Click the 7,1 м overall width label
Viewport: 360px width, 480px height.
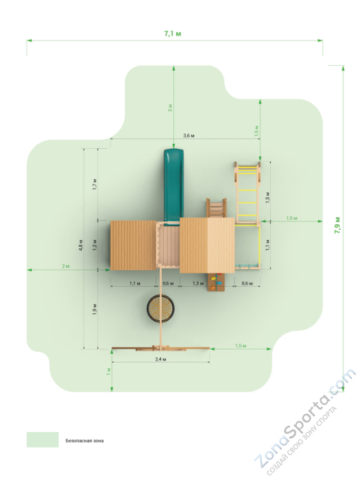pyautogui.click(x=173, y=34)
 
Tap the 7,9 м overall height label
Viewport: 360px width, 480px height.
pyautogui.click(x=337, y=226)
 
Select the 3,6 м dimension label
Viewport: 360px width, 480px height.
pyautogui.click(x=189, y=135)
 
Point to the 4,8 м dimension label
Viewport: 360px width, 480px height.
pyautogui.click(x=80, y=245)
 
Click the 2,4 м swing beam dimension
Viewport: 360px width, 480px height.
pyautogui.click(x=160, y=359)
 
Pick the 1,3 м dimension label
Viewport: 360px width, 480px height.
pyautogui.click(x=198, y=283)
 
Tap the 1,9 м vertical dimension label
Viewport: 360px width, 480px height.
pyautogui.click(x=95, y=309)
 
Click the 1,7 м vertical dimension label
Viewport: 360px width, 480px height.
pyautogui.click(x=95, y=184)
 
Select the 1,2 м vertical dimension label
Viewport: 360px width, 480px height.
pyautogui.click(x=95, y=245)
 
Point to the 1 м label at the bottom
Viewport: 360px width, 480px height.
pyautogui.click(x=108, y=372)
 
